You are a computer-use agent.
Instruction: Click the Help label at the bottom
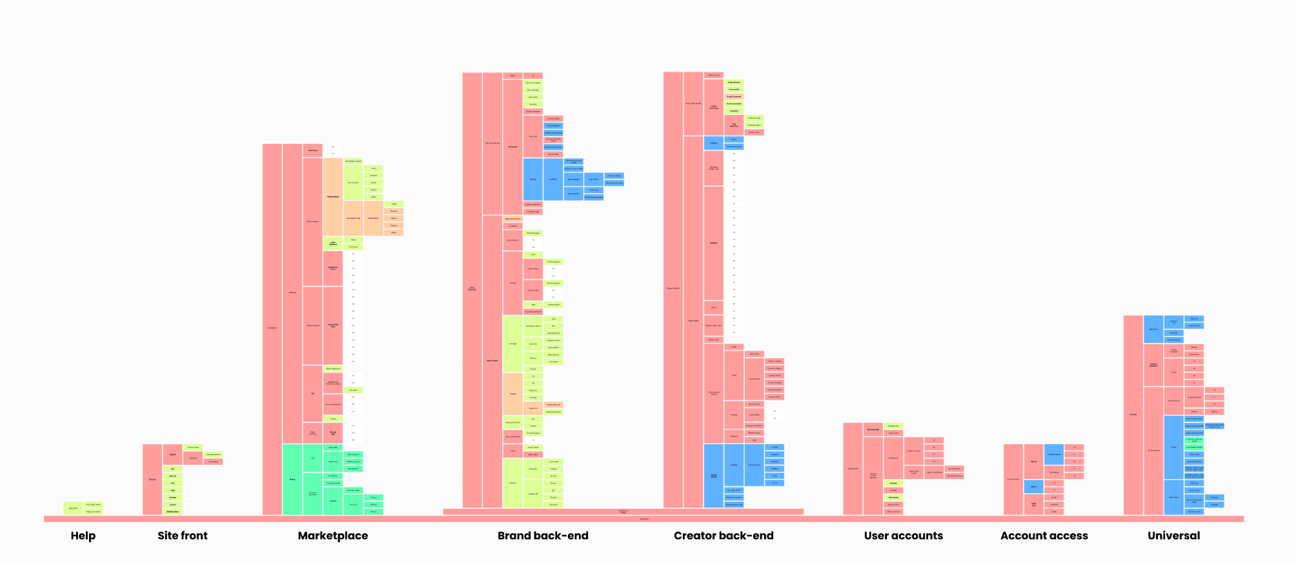[83, 536]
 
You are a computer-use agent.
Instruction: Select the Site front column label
[183, 536]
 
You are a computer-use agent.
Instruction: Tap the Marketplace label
[332, 536]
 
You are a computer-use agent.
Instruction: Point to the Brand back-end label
[543, 536]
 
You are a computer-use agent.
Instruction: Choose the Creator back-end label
[724, 536]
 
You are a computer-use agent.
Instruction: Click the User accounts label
[903, 536]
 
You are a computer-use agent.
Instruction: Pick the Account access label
[1044, 536]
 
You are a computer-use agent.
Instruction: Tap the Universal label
[1173, 536]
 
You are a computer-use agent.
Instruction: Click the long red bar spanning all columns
[643, 519]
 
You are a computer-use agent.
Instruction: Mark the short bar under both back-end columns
[623, 512]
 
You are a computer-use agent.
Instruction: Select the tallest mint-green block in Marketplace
[292, 479]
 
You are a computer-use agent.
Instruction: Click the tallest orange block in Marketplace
[332, 196]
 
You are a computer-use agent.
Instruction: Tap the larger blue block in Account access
[1053, 455]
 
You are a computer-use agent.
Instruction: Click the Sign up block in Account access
[1033, 462]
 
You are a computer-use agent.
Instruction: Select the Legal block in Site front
[172, 490]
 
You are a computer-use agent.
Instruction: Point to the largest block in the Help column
[73, 508]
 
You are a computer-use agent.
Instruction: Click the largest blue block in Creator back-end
[713, 476]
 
